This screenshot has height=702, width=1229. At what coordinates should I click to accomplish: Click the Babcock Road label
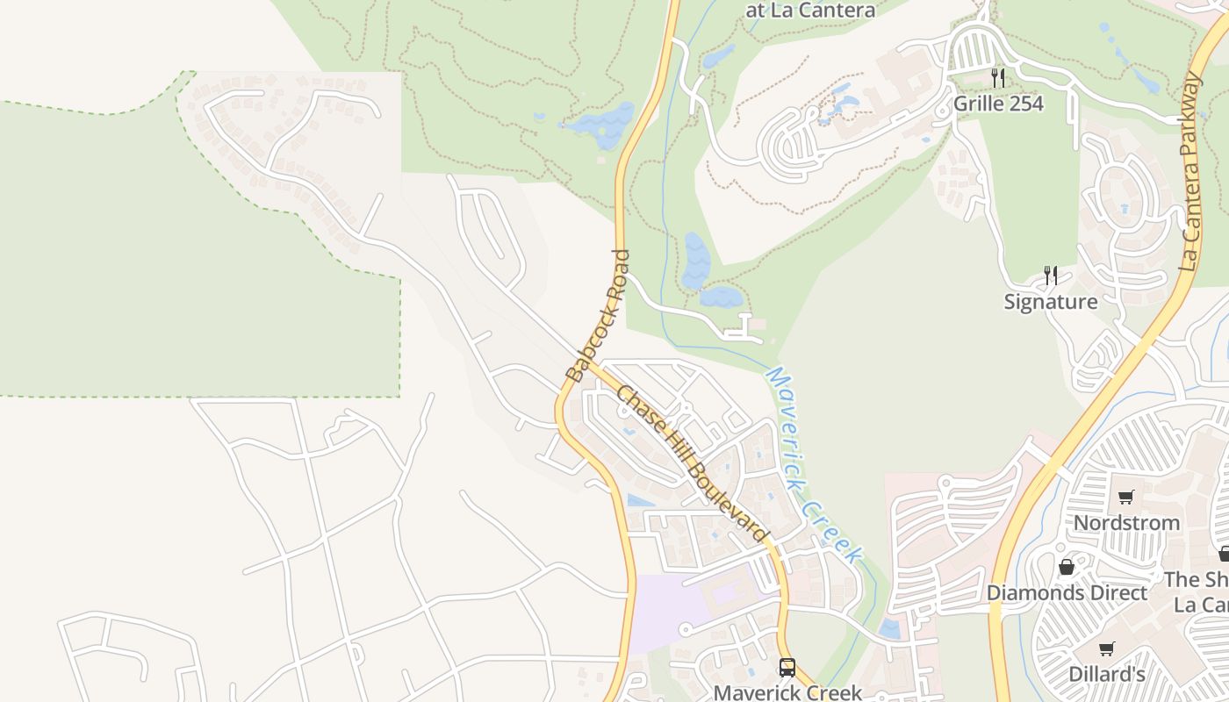(x=598, y=315)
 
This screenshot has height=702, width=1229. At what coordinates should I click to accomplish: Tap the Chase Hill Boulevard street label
(x=692, y=464)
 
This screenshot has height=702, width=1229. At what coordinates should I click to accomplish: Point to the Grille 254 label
(x=998, y=104)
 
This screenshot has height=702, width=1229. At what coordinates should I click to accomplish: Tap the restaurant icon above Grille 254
(x=997, y=77)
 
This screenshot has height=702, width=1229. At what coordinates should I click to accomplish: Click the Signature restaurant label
(x=1050, y=302)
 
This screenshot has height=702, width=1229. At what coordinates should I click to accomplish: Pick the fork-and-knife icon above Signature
(x=1050, y=276)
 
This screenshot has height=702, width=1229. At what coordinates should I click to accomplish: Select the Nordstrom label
(x=1126, y=523)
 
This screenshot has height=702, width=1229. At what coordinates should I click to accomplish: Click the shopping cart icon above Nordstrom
(x=1126, y=498)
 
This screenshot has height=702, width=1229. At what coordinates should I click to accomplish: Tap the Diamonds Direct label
(x=1067, y=592)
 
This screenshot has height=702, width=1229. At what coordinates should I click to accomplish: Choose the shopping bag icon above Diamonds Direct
(x=1067, y=567)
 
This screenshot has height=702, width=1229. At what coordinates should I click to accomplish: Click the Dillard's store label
(x=1106, y=674)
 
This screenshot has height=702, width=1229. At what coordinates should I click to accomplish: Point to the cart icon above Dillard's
(x=1107, y=648)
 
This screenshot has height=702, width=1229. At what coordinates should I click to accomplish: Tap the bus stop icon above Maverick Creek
(x=787, y=667)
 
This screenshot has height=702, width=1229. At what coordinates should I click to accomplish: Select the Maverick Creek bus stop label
(x=787, y=692)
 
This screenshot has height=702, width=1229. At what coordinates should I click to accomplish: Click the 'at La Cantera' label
(x=809, y=11)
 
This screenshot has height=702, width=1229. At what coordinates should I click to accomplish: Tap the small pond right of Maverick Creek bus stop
(x=889, y=628)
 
